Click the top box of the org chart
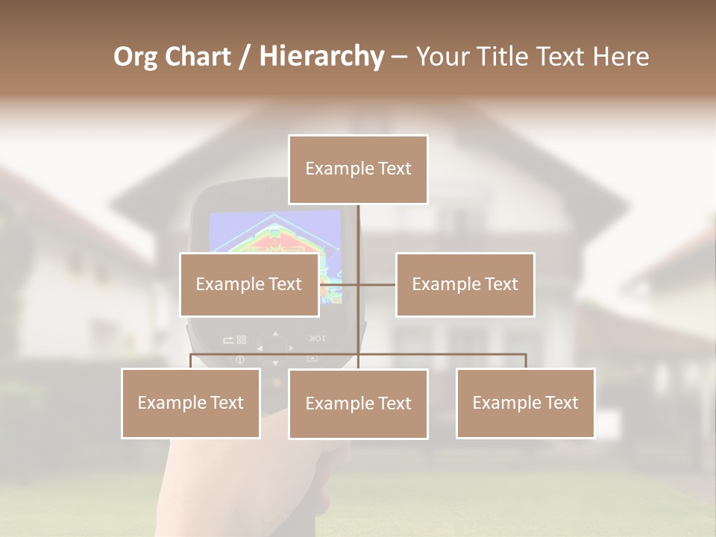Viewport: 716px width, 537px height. pyautogui.click(x=358, y=169)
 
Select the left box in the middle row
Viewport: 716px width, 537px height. pyautogui.click(x=249, y=284)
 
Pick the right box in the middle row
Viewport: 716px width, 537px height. pyautogui.click(x=465, y=284)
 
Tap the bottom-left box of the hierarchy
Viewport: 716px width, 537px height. pyautogui.click(x=191, y=403)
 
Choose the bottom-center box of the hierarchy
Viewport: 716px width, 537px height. pyautogui.click(x=358, y=403)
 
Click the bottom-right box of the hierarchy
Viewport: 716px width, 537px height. pyautogui.click(x=525, y=403)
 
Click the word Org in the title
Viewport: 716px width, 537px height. pyautogui.click(x=135, y=57)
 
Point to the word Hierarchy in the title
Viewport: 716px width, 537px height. pyautogui.click(x=321, y=57)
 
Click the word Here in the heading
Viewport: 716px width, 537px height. pyautogui.click(x=621, y=57)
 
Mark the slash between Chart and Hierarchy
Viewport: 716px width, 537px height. pyautogui.click(x=245, y=57)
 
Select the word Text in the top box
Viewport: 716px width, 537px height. pyautogui.click(x=395, y=169)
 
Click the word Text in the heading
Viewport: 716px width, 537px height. pyautogui.click(x=565, y=57)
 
